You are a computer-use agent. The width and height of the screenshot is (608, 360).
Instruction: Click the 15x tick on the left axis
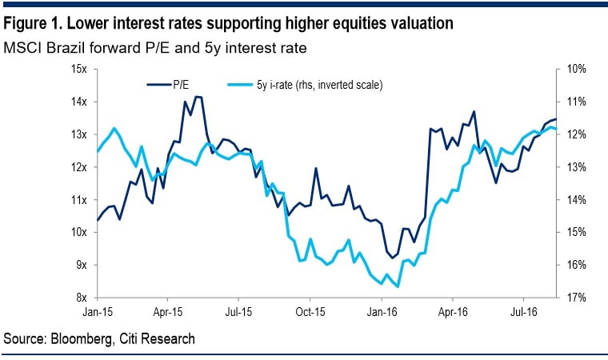click(79, 69)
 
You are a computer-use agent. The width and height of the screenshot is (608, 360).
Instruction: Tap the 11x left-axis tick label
click(79, 199)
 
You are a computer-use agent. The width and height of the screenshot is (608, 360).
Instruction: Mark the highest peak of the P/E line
click(197, 97)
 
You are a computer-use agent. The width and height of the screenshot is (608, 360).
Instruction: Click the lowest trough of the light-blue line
click(398, 286)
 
